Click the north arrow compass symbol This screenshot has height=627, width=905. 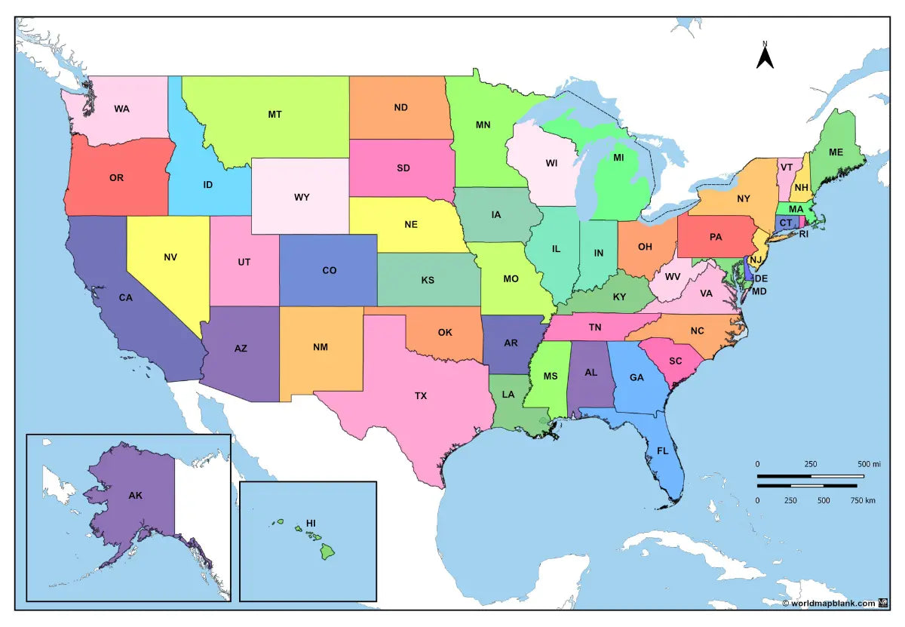coord(765,57)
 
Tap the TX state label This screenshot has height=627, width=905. coord(421,395)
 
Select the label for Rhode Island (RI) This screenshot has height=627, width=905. coord(804,235)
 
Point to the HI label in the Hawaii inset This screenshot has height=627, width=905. coord(311,522)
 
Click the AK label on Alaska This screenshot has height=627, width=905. coord(136,495)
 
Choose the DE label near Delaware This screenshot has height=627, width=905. coord(761,278)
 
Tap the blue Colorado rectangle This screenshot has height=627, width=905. coord(329,270)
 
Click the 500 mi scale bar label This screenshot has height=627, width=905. coord(869,463)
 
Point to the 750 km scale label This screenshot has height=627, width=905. coord(863,499)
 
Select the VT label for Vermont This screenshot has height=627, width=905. coord(787,168)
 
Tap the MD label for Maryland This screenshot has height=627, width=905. coord(759,291)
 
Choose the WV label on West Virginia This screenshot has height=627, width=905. coord(673,277)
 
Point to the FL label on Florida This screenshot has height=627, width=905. coord(662,450)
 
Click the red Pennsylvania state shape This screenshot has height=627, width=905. coord(716,237)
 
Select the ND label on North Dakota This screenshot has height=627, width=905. coord(400,107)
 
